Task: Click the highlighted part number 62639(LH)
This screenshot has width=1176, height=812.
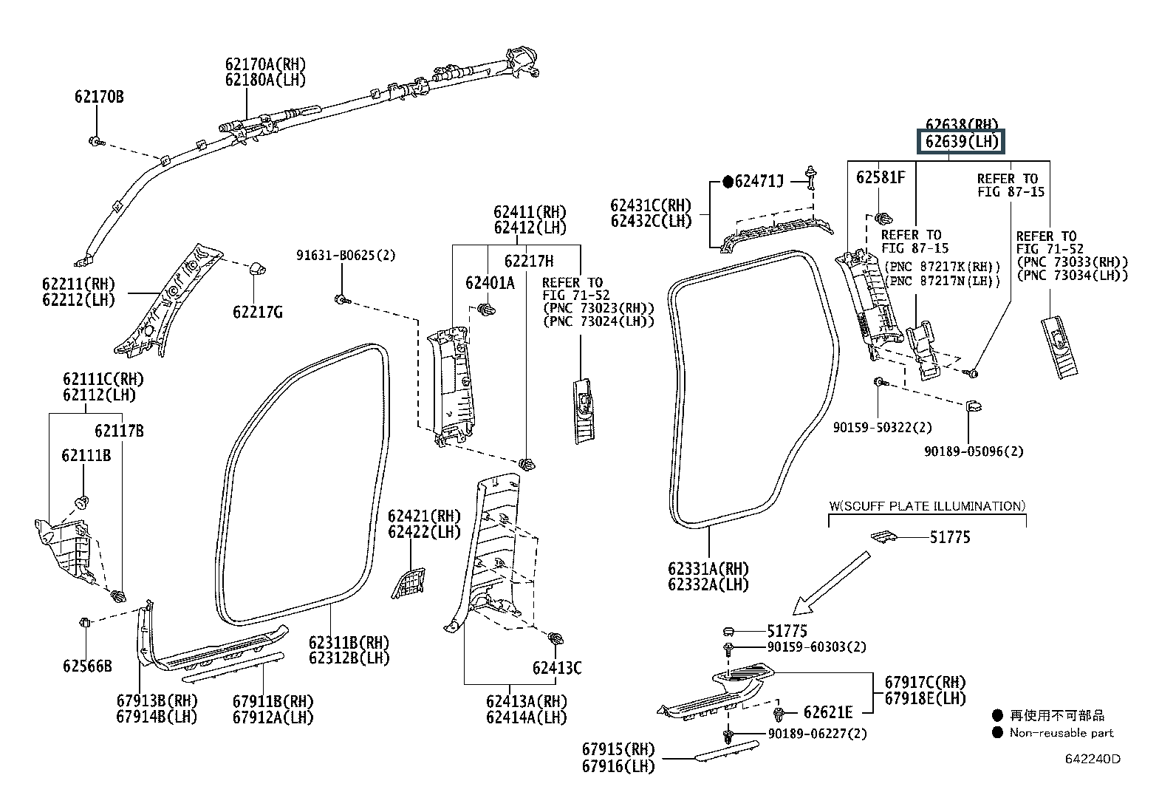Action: click(961, 142)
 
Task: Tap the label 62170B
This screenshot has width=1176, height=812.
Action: click(99, 98)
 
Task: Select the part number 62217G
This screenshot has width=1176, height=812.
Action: click(258, 313)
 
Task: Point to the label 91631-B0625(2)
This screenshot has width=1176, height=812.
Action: click(346, 255)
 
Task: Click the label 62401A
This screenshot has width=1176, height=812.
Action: click(490, 283)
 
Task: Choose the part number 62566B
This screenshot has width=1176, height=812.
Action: click(87, 666)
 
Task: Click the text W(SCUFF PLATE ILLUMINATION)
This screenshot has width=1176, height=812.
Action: click(927, 506)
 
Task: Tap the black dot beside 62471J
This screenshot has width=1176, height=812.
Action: click(728, 182)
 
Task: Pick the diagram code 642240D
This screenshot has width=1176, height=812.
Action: click(1093, 758)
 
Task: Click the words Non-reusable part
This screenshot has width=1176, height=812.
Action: click(1062, 733)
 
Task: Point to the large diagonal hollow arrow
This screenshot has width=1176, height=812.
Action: click(831, 582)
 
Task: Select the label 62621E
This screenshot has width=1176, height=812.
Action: click(828, 712)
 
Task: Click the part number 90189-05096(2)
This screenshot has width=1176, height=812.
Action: click(974, 451)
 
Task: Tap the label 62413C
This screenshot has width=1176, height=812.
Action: click(557, 668)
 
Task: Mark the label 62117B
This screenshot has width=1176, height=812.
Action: click(119, 431)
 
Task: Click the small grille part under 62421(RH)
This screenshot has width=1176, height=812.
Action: click(408, 583)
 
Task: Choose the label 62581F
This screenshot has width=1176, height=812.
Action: click(881, 177)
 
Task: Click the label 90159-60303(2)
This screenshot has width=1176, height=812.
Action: click(816, 646)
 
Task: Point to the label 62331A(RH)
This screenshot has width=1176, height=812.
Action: click(708, 569)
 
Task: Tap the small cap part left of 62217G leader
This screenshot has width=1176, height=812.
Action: click(257, 268)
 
